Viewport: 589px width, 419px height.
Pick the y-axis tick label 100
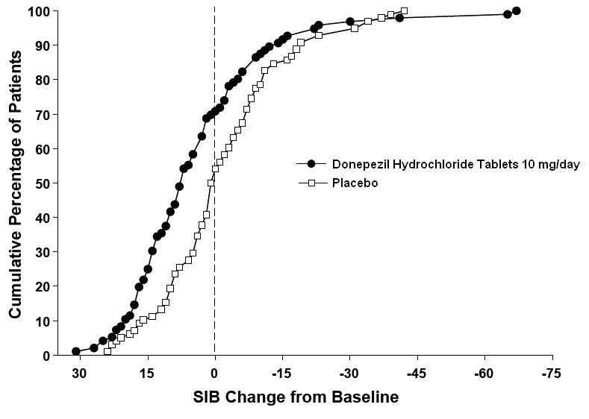pyautogui.click(x=39, y=11)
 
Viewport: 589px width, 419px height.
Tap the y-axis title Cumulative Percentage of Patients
pyautogui.click(x=15, y=184)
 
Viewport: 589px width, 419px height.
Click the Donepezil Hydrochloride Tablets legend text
pyautogui.click(x=455, y=164)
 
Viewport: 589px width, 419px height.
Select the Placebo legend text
pyautogui.click(x=355, y=183)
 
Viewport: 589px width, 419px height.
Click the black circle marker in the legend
pyautogui.click(x=312, y=164)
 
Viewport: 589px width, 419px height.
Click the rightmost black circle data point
pyautogui.click(x=517, y=11)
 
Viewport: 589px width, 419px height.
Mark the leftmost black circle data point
pyautogui.click(x=76, y=351)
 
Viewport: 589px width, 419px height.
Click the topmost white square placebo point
pyautogui.click(x=404, y=11)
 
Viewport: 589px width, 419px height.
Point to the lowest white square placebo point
pyautogui.click(x=107, y=350)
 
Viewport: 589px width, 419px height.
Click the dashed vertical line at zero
pyautogui.click(x=215, y=224)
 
